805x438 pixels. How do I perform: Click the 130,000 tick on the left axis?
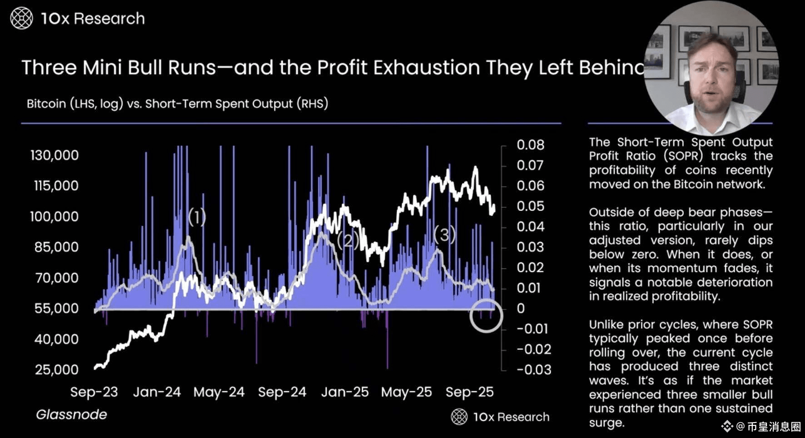tap(55, 155)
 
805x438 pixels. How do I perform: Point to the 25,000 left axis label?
tap(57, 369)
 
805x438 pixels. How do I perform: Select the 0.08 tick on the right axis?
tap(530, 145)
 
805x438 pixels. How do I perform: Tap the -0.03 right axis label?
tap(534, 369)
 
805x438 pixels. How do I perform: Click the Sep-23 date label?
tap(94, 392)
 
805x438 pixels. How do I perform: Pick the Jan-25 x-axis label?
tap(345, 392)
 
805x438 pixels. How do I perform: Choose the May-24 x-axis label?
tap(219, 392)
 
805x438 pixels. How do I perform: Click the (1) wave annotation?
tap(197, 217)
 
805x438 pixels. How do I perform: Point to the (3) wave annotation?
tap(444, 234)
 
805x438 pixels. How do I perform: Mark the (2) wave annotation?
tap(348, 240)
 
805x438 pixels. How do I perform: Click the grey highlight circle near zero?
tap(486, 316)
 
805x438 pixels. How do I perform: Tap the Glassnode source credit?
tap(71, 414)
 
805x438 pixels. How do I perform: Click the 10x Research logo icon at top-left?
tap(21, 19)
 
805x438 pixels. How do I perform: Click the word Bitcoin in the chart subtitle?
tap(46, 104)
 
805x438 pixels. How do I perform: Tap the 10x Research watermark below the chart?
tap(500, 417)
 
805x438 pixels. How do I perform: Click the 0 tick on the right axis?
tap(521, 309)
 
